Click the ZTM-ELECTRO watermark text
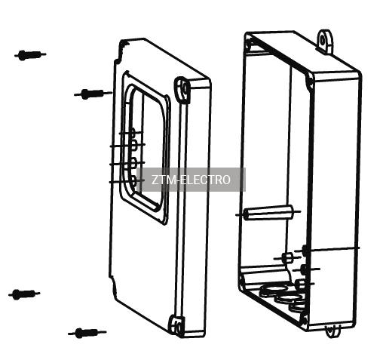(x=191, y=180)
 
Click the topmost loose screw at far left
(x=30, y=55)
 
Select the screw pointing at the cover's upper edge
(x=93, y=94)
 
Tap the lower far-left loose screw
(x=24, y=294)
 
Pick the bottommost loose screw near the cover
(x=87, y=333)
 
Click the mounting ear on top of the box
(x=325, y=41)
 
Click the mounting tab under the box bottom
(x=333, y=331)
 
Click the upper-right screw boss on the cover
(x=182, y=89)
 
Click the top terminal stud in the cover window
(x=133, y=133)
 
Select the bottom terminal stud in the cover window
(x=133, y=180)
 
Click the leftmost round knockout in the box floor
(x=273, y=289)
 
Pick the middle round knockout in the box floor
(x=289, y=298)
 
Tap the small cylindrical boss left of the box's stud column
(x=286, y=257)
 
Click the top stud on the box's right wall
(x=305, y=251)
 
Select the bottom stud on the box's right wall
(x=300, y=284)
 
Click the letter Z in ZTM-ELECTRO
(x=155, y=180)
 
